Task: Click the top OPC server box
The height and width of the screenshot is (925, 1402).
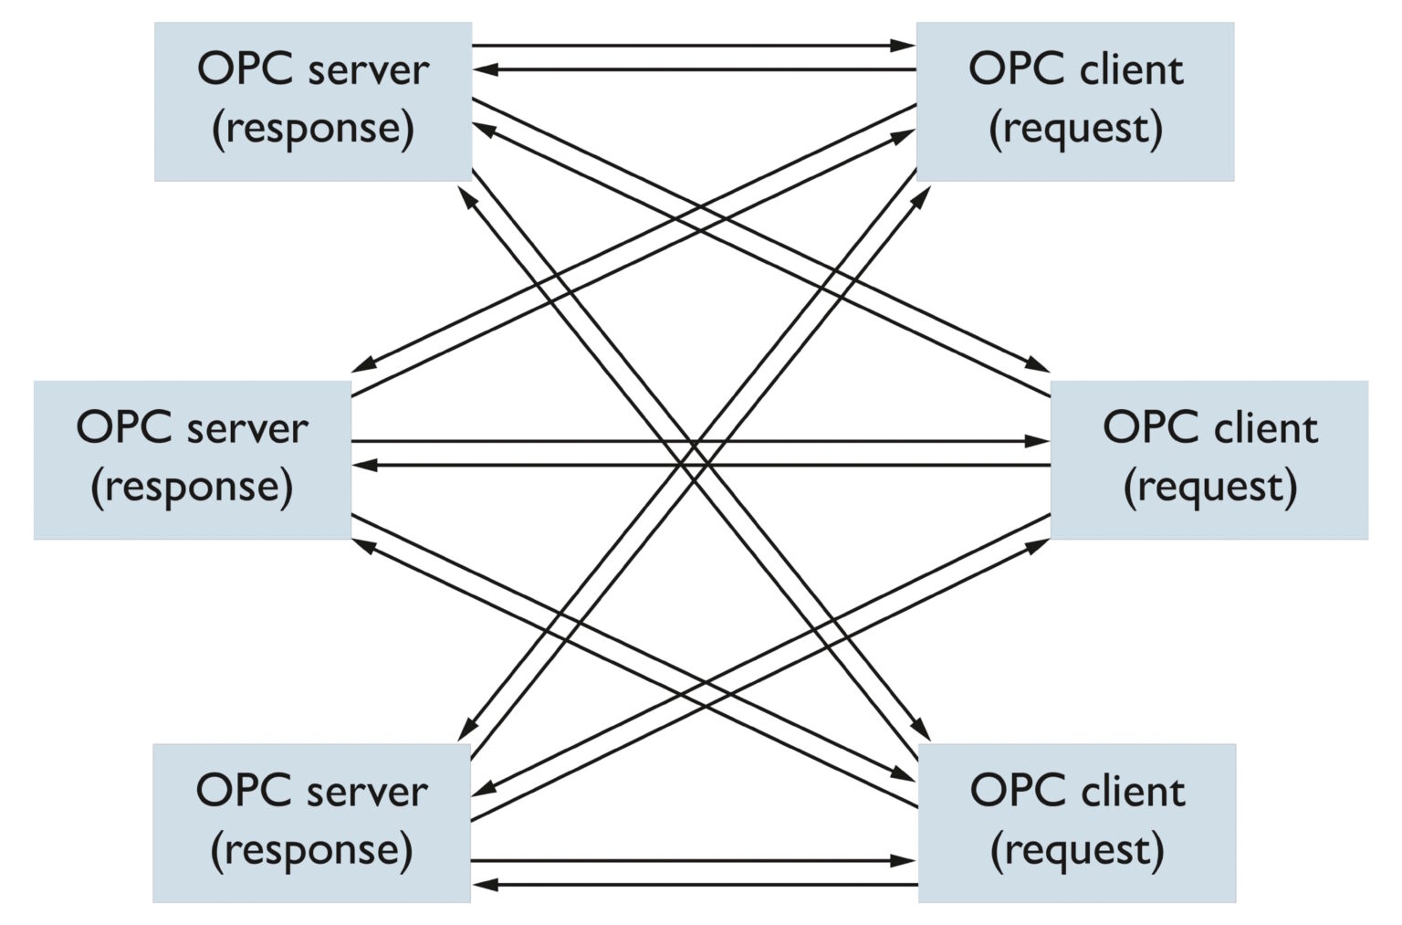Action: tap(312, 101)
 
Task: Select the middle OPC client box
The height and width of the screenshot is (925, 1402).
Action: tap(1209, 459)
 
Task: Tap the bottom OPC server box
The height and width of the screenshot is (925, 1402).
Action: tap(311, 822)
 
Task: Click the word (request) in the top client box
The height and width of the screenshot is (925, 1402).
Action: tap(1075, 129)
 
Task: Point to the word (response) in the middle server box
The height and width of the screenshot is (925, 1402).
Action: tap(192, 487)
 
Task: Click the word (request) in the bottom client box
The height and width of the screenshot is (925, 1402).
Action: tap(1077, 850)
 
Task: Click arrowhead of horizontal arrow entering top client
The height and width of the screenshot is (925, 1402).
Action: tap(904, 45)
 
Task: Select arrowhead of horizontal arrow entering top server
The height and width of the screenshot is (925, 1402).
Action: tap(485, 69)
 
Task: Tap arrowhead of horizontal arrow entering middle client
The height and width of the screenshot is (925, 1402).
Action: tap(1038, 441)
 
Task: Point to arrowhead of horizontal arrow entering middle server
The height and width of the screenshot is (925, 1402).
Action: tap(364, 465)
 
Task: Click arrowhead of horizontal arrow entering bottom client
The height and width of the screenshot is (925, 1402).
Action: tap(904, 860)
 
